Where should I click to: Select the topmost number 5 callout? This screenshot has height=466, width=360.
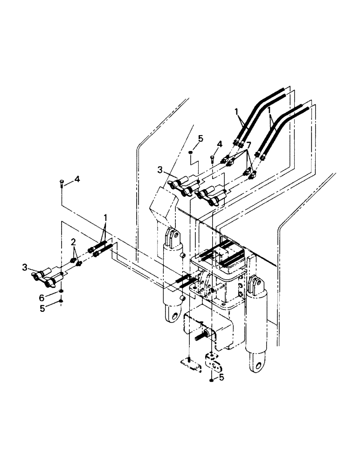coord(201,138)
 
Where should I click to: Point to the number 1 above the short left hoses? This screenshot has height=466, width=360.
coord(106,218)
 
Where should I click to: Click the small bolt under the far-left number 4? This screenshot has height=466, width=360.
coord(62,183)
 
